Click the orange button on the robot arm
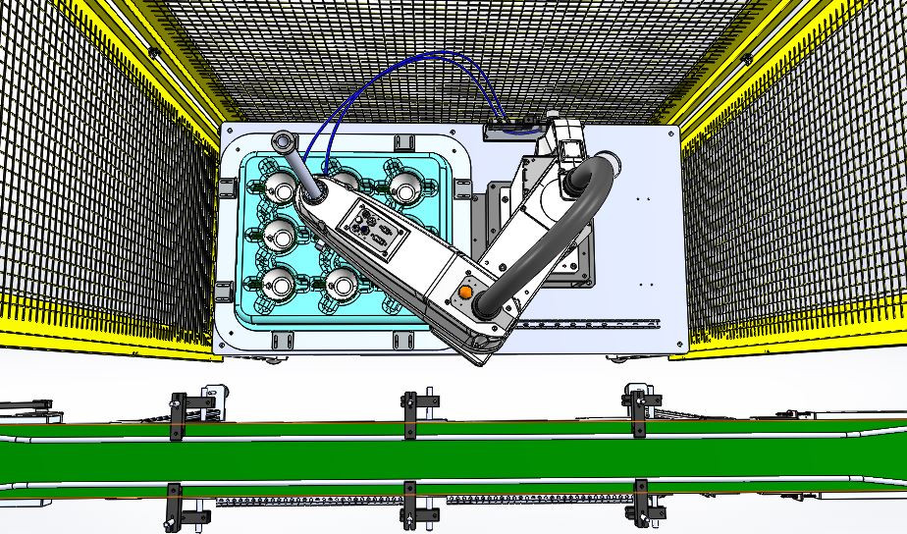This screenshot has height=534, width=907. (x=465, y=292)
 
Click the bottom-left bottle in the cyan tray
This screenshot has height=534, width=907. (x=282, y=285)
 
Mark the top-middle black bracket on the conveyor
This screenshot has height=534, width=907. (x=410, y=415)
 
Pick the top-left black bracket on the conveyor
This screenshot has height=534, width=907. (x=178, y=414)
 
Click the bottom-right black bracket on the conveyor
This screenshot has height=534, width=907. (x=643, y=503)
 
